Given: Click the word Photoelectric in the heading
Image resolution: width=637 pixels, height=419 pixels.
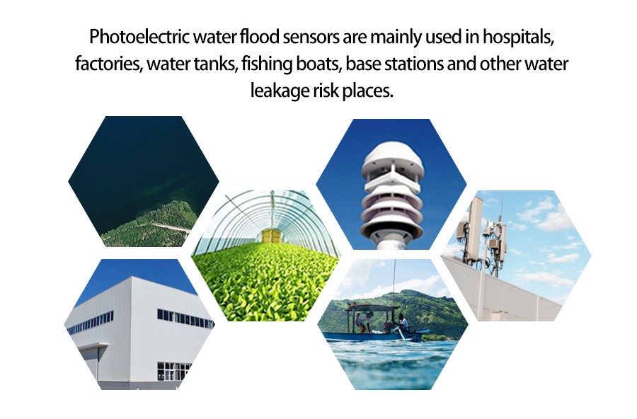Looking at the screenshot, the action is [x=139, y=37].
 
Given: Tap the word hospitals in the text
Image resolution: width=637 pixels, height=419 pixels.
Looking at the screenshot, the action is [x=518, y=37].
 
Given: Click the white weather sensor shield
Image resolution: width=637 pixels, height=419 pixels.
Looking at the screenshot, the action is [x=392, y=190].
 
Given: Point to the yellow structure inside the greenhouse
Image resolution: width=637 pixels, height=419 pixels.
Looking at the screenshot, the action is [x=270, y=236].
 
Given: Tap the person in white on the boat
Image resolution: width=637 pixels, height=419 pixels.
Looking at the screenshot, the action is [x=402, y=324].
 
